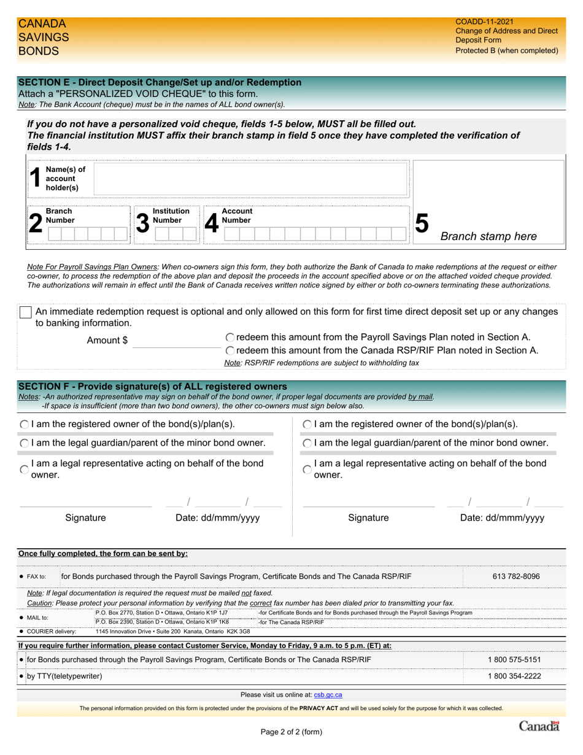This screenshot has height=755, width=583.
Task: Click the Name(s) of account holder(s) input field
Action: (250, 179)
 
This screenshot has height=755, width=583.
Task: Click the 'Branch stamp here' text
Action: (488, 237)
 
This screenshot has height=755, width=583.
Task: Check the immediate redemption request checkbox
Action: (26, 312)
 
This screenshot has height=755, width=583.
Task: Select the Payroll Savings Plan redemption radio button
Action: (230, 337)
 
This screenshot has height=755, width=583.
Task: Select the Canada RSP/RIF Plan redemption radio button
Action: (230, 350)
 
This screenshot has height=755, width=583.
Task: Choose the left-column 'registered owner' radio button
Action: (24, 424)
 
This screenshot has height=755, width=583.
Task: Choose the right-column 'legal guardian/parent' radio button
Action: (307, 443)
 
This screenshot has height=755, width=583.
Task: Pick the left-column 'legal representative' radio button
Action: (24, 470)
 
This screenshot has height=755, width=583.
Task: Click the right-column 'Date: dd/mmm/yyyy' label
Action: (502, 517)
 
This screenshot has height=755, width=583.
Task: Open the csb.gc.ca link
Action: (328, 695)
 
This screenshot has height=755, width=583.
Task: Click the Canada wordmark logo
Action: (539, 727)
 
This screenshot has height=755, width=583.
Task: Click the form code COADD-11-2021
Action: (484, 21)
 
